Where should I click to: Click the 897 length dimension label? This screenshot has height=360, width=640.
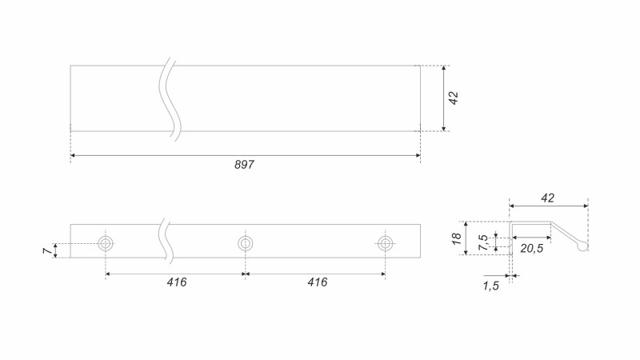click(244, 165)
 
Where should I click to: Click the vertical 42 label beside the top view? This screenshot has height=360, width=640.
click(454, 98)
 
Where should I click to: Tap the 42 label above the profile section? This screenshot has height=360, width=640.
click(548, 198)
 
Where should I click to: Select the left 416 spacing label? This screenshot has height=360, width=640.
click(177, 282)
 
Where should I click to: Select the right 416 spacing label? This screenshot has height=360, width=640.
click(318, 282)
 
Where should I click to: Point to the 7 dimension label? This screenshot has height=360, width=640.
click(47, 250)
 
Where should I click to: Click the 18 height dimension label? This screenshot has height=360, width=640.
click(456, 238)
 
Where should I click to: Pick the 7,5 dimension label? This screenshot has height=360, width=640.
click(483, 243)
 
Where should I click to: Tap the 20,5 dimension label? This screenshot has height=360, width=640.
click(532, 248)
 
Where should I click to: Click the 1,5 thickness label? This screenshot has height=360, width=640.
click(491, 286)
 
